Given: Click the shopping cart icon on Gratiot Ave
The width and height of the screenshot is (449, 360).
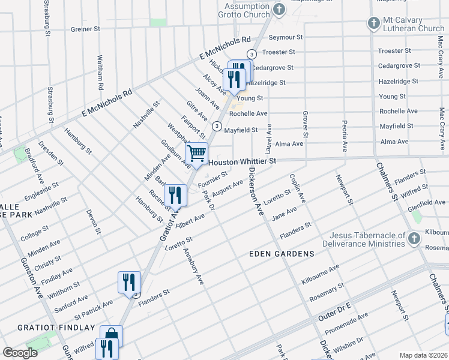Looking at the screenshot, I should tap(197, 154).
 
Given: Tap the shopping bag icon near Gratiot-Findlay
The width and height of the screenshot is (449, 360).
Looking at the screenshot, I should tap(111, 335).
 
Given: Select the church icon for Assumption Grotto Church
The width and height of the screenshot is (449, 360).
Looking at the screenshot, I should tap(279, 9).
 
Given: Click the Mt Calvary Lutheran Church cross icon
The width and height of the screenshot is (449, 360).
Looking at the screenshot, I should tap(373, 23).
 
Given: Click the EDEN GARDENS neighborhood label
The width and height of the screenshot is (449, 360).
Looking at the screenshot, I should tap(282, 254).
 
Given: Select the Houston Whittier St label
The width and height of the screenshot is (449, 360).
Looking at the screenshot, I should tap(242, 162).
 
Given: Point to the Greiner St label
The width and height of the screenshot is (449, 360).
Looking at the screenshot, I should tap(89, 29).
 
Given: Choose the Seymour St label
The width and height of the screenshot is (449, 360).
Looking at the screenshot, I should tap(286, 37).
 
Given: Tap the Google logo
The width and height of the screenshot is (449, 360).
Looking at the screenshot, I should tap(20, 353).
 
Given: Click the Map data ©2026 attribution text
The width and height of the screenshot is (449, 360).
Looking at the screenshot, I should tap(423, 355).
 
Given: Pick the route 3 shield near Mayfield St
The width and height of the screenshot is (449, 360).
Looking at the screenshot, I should tap(215, 125).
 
